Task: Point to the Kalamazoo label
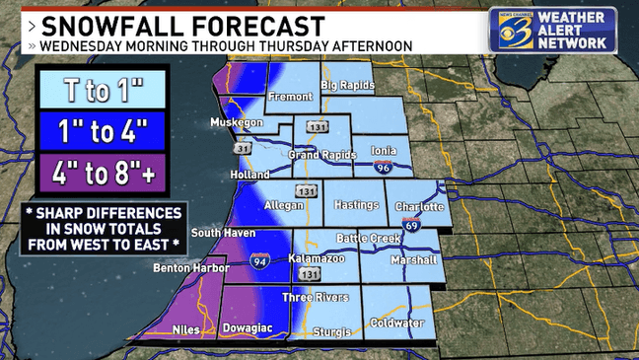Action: (315, 256)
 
